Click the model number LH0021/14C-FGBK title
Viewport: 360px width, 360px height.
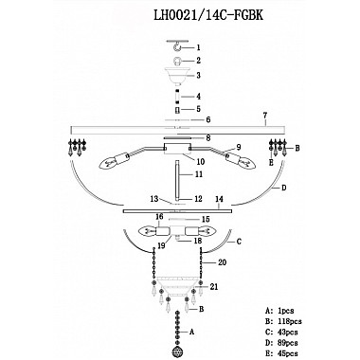208,15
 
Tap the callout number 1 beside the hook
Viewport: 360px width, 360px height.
198,47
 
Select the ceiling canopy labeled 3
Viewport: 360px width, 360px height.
178,77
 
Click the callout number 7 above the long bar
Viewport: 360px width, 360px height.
265,116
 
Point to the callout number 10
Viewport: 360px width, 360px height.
201,162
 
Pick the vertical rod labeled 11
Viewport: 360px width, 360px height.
178,181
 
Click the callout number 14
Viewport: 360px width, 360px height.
219,199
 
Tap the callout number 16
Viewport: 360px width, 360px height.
159,217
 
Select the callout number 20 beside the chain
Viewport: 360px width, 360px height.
223,262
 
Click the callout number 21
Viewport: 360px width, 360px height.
213,287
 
